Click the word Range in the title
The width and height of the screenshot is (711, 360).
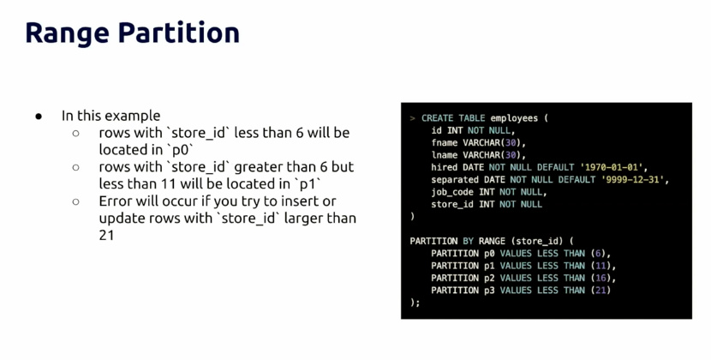point(67,34)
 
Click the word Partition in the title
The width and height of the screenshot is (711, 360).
point(179,33)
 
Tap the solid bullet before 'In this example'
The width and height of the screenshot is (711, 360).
point(39,117)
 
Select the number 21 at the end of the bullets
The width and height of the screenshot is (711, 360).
point(106,235)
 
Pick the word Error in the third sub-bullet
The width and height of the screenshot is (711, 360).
point(115,201)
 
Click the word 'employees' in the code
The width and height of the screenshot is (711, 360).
point(514,118)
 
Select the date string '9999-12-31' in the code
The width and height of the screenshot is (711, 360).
point(632,180)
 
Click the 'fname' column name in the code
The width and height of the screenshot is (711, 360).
point(444,143)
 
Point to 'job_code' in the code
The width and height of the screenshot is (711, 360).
point(452,193)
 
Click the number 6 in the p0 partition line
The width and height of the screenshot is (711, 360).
point(598,254)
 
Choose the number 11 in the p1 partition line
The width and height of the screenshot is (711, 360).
point(600,266)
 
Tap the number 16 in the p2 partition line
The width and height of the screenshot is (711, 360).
point(600,278)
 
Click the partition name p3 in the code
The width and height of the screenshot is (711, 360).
point(489,291)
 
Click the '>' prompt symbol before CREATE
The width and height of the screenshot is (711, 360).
point(412,118)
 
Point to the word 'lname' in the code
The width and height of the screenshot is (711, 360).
point(444,155)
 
